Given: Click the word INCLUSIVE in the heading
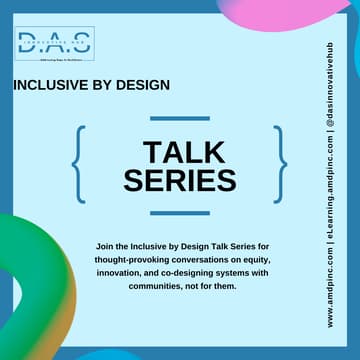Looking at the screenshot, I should coord(50,86).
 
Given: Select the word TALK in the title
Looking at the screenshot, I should coord(180,152).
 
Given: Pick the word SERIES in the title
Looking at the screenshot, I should coord(180,180).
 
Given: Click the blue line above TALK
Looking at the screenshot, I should coord(180,117).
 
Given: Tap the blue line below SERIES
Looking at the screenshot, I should coord(180,213).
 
